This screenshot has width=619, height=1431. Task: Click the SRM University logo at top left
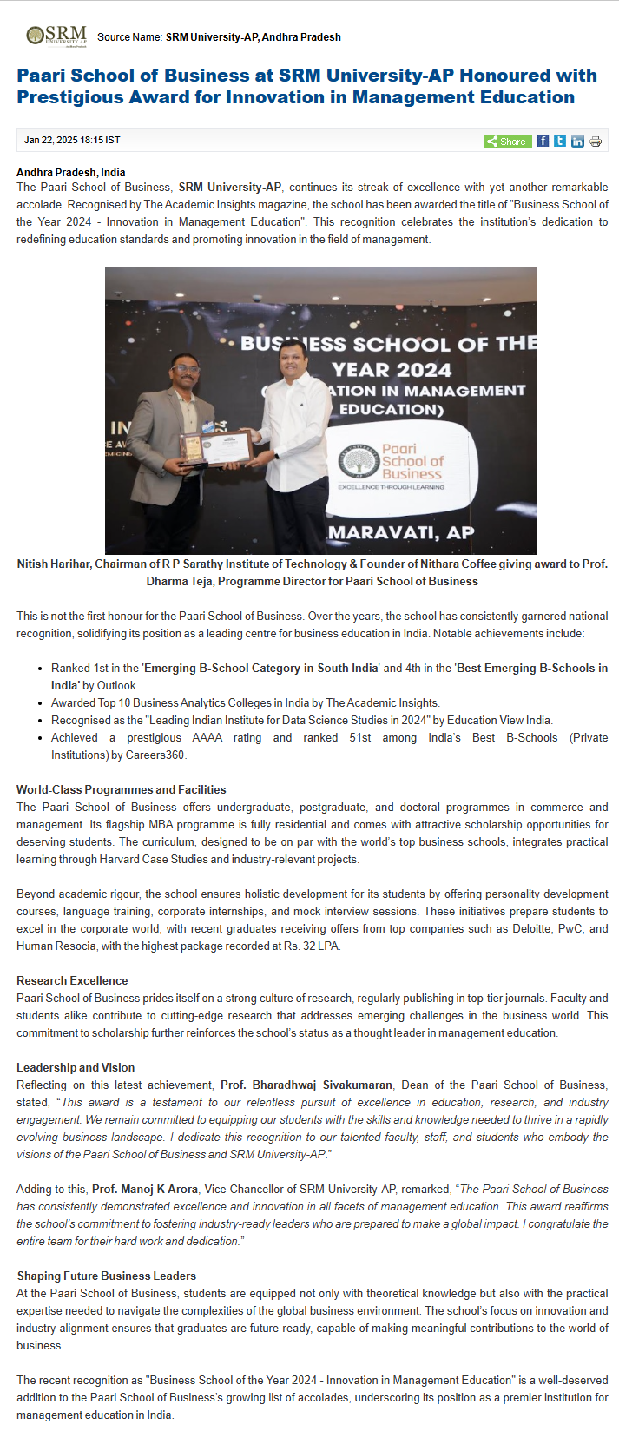tap(56, 36)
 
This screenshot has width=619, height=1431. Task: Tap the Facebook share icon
tap(543, 141)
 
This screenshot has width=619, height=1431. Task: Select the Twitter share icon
tap(560, 141)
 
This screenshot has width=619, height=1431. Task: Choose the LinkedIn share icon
tap(577, 141)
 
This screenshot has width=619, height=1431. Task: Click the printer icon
tap(596, 141)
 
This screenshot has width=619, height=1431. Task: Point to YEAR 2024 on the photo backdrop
tap(392, 369)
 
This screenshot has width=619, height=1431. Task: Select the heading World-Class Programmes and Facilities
tap(121, 789)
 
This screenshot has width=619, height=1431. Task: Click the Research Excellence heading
tap(72, 980)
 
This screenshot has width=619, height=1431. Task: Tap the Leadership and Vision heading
tap(76, 1067)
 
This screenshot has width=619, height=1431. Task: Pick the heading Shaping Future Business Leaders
tap(107, 1276)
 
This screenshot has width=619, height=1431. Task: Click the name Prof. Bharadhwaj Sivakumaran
tap(306, 1085)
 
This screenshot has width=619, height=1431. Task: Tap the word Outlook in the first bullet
tap(116, 685)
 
